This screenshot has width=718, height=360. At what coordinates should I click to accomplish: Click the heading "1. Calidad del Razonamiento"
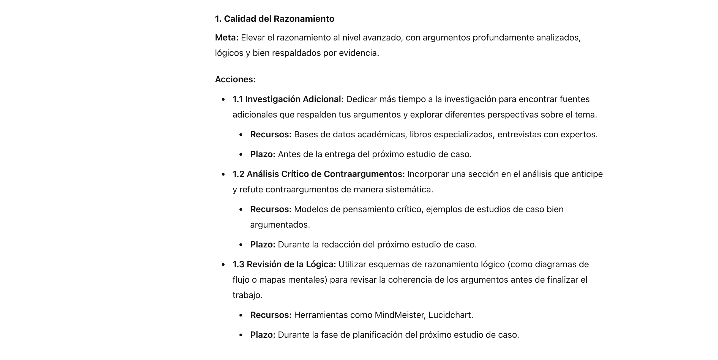pos(274,19)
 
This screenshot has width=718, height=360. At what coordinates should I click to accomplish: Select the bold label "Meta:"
pos(226,38)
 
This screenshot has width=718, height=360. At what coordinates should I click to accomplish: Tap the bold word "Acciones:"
pos(235,80)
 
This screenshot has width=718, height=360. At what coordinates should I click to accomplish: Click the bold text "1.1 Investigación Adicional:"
pos(288,99)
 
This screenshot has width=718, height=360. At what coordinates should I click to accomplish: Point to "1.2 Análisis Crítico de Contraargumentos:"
pos(319,174)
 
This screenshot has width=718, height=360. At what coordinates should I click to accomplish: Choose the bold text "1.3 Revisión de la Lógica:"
pos(284,264)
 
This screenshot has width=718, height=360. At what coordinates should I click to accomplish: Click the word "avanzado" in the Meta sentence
pos(383,38)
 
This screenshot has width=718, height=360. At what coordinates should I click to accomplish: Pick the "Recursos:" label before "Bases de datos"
pos(271,135)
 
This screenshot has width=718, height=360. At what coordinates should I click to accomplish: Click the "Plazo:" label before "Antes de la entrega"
pos(263,154)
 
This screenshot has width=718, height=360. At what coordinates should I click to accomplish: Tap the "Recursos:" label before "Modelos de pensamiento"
pos(271,209)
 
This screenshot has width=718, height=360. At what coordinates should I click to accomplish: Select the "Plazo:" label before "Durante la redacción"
pos(263,245)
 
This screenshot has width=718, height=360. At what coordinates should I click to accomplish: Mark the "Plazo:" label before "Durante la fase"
pos(263,335)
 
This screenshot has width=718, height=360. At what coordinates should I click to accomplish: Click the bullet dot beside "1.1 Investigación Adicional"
pos(223,100)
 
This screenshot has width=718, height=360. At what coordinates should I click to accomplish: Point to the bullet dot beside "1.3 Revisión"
pos(223,264)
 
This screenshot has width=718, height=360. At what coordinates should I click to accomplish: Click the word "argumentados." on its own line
pos(280,225)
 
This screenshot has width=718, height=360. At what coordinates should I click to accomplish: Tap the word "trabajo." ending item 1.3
pos(247,295)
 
